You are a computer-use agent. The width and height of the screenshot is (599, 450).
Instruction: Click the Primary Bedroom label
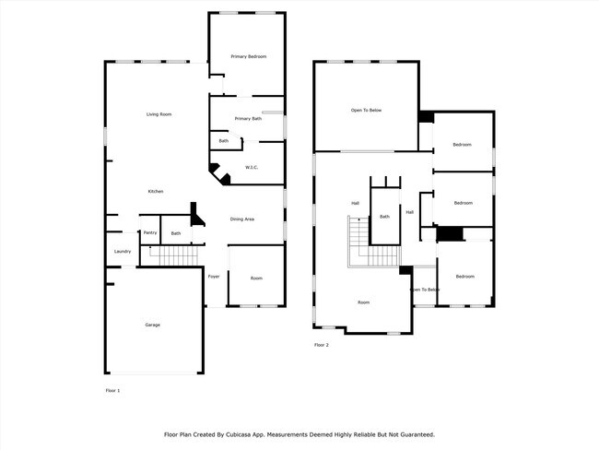click(x=248, y=57)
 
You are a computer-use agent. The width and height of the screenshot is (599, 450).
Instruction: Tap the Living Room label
click(x=159, y=114)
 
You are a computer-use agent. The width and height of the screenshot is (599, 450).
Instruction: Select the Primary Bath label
click(x=248, y=119)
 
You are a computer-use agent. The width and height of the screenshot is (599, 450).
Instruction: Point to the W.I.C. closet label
click(x=251, y=168)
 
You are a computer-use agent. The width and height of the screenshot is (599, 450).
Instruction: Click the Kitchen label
click(x=156, y=191)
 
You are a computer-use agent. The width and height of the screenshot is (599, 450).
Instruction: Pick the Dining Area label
click(x=242, y=219)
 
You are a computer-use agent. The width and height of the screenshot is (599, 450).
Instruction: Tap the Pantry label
click(x=149, y=233)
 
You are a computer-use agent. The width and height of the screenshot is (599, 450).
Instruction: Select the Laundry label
click(x=123, y=251)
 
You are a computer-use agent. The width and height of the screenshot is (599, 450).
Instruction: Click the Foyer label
click(x=214, y=277)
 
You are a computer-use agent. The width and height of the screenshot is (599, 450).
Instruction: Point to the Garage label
click(x=152, y=325)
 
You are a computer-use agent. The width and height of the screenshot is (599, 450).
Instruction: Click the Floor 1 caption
click(x=113, y=391)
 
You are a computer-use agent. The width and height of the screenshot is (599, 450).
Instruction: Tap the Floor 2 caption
click(x=322, y=345)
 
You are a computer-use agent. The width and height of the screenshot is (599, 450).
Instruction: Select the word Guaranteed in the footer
click(x=414, y=433)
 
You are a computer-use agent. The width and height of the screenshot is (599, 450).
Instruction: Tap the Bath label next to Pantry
click(x=176, y=233)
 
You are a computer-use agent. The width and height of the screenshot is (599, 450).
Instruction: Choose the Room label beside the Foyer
click(x=256, y=278)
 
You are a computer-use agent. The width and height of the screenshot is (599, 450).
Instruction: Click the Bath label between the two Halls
click(x=384, y=217)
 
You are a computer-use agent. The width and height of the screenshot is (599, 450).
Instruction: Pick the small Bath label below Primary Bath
click(x=224, y=141)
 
